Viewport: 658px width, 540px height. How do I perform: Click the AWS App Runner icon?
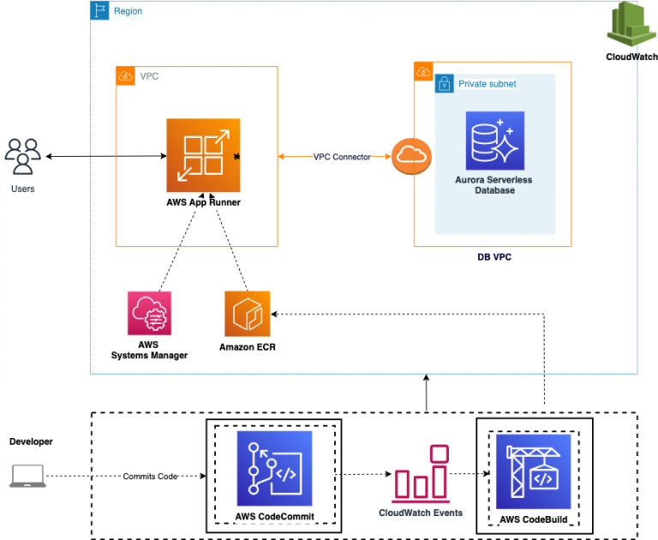(x=204, y=156)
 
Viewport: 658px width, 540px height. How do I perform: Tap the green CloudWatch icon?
(x=631, y=25)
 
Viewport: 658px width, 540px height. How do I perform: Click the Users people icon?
(x=22, y=156)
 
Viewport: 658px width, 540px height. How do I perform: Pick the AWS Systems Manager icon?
(x=149, y=313)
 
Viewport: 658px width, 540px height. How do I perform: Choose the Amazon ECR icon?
(x=247, y=313)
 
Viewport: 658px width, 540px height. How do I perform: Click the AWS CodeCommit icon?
(x=274, y=468)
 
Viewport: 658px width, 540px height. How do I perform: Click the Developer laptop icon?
(x=27, y=477)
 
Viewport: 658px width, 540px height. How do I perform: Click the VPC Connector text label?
(x=342, y=157)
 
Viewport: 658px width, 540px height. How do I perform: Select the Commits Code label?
(x=150, y=476)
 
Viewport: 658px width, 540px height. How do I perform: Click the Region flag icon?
(x=100, y=11)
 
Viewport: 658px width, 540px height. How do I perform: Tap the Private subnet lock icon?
(x=444, y=83)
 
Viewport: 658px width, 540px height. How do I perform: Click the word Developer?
(x=31, y=441)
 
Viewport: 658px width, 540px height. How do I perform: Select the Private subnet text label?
(x=487, y=84)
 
